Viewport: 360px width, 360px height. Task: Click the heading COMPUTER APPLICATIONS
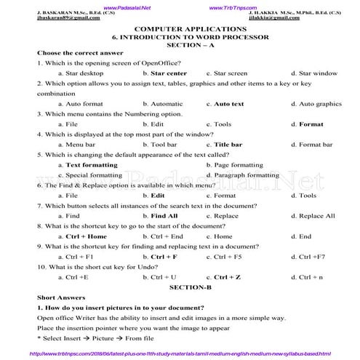click(x=180, y=27)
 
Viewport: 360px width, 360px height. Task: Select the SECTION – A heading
click(x=180, y=44)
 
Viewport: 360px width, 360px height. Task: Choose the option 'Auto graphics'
click(x=320, y=104)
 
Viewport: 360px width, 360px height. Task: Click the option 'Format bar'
click(x=316, y=145)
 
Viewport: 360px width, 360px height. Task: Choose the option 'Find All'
click(x=164, y=216)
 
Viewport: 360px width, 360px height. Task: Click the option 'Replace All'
click(x=316, y=216)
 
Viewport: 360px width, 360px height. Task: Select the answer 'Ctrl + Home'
click(x=86, y=236)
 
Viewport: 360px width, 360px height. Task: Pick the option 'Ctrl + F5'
click(x=227, y=257)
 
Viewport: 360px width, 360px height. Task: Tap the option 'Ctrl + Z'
click(x=227, y=277)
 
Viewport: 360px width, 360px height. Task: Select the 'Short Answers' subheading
click(x=60, y=298)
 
